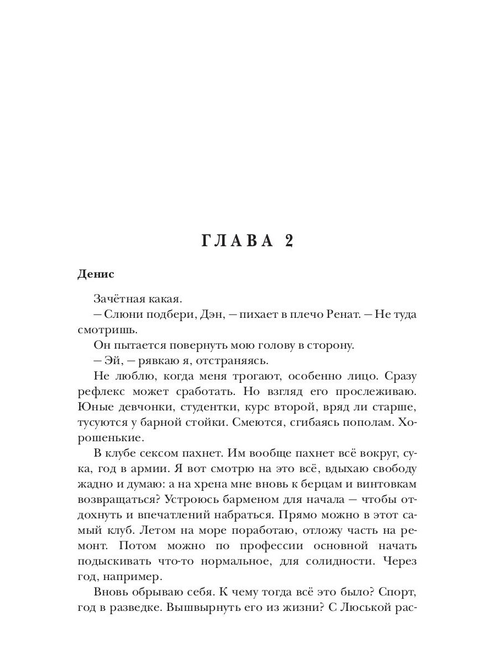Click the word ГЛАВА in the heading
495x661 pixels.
pyautogui.click(x=238, y=242)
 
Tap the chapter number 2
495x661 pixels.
pyautogui.click(x=287, y=242)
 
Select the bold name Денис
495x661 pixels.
pyautogui.click(x=96, y=274)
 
